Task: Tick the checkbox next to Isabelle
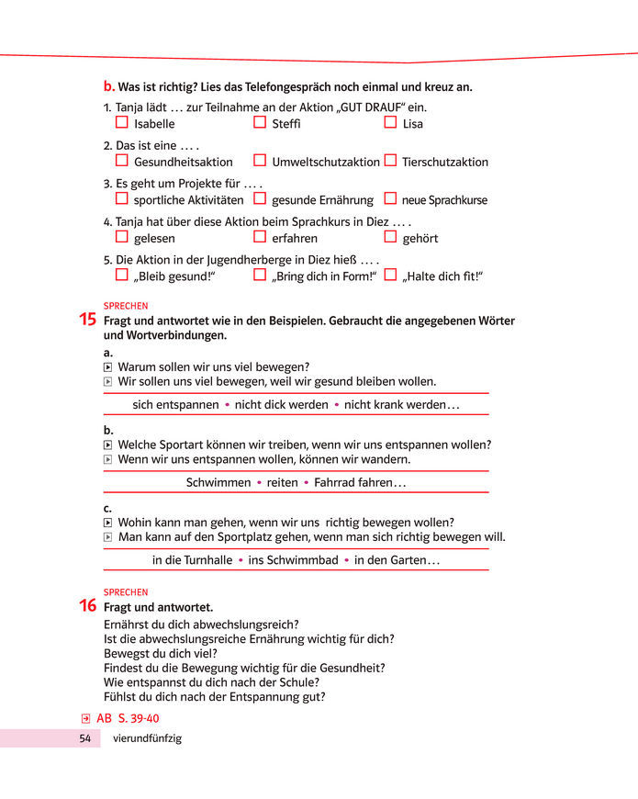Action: tap(122, 122)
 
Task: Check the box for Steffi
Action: tap(260, 122)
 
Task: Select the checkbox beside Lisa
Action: tap(390, 122)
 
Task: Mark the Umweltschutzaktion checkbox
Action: tap(260, 161)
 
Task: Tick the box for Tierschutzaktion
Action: tap(390, 161)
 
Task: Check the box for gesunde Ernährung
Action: tap(260, 198)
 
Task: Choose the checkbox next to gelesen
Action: tap(122, 237)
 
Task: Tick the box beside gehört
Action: tap(390, 237)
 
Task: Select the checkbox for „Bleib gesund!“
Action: tap(122, 275)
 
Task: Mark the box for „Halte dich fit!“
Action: tap(390, 275)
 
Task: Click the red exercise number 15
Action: tap(88, 321)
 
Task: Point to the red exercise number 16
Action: tap(88, 606)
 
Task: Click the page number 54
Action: tap(84, 738)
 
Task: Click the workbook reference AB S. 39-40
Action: tap(127, 718)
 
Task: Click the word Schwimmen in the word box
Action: tap(218, 482)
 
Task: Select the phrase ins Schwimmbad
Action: tap(293, 560)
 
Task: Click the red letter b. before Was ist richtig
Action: tap(109, 86)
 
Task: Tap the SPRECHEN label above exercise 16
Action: tap(126, 592)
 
